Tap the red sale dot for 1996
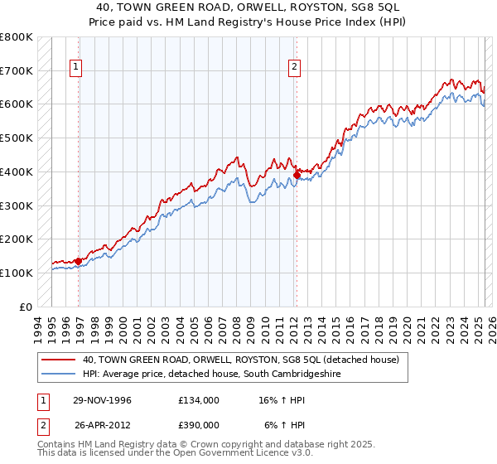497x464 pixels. (x=79, y=261)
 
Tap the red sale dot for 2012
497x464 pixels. (x=297, y=175)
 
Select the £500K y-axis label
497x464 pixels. (x=17, y=138)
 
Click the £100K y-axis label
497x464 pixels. (x=17, y=273)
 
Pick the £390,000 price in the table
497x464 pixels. (x=199, y=424)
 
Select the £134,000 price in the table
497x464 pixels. (x=199, y=399)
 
